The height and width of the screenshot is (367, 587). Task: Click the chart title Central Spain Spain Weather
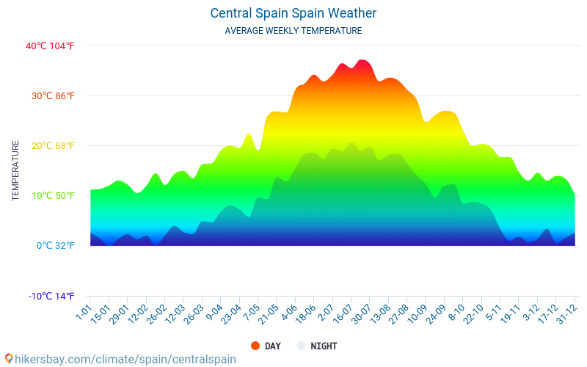(293, 13)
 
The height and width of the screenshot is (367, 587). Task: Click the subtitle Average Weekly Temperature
(293, 31)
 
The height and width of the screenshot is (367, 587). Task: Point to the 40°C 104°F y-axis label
(50, 46)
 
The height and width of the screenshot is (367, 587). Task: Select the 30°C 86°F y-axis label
(50, 96)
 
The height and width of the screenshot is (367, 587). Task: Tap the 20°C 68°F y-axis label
(50, 146)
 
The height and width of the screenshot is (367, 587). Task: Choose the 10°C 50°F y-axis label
(50, 196)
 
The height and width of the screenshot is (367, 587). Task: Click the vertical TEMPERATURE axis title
(15, 170)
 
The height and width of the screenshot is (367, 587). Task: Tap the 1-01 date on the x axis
(84, 312)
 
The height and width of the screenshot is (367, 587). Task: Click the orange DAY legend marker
(255, 346)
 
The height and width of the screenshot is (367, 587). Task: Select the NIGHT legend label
(324, 346)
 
